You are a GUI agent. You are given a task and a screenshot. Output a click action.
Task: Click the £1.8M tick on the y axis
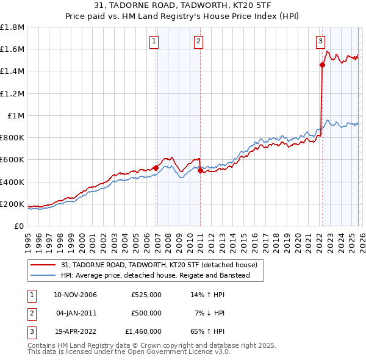[x=12, y=27]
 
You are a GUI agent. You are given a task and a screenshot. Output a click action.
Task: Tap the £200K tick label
[x=12, y=204]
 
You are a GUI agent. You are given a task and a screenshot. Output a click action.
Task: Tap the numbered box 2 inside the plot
[x=199, y=41]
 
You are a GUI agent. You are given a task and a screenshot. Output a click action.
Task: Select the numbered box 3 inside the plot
[x=320, y=41]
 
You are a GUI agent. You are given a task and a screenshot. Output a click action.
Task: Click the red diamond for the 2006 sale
[x=156, y=168]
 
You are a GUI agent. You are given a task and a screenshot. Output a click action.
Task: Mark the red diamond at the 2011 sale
[x=200, y=171]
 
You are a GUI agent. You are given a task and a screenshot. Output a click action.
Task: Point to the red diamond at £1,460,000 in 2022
[x=322, y=65]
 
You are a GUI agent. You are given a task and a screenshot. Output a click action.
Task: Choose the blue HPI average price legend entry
[x=155, y=276]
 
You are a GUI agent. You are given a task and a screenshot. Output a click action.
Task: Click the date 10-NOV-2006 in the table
[x=75, y=295]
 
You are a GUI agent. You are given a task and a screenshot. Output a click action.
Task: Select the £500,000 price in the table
[x=146, y=312]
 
